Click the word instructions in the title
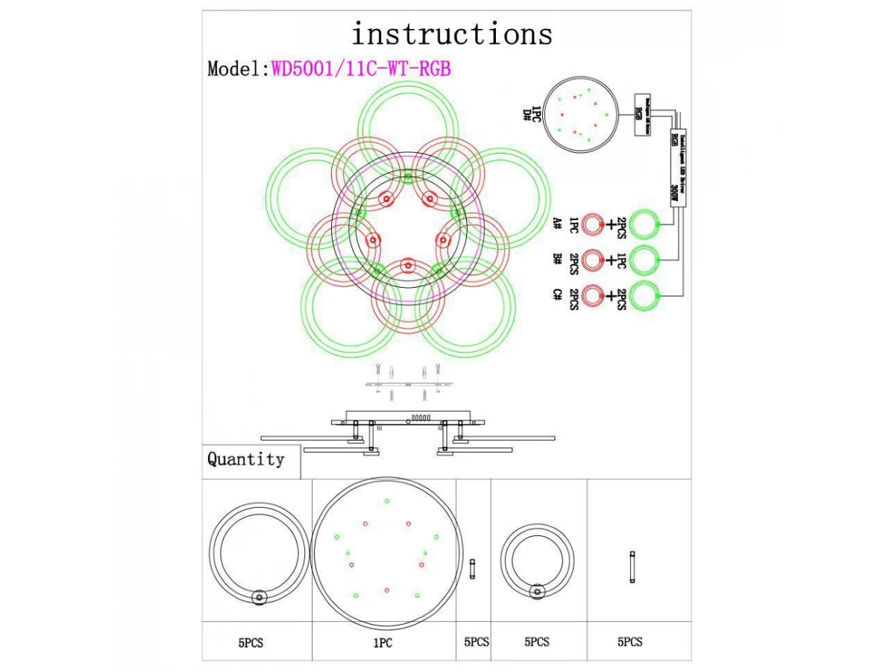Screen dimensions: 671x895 pyautogui.click(x=452, y=34)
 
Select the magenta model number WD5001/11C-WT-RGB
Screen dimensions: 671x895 pyautogui.click(x=361, y=69)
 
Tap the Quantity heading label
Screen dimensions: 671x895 pyautogui.click(x=246, y=459)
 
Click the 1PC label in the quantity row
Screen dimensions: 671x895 pyautogui.click(x=383, y=642)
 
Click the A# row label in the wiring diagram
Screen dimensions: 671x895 pyautogui.click(x=557, y=223)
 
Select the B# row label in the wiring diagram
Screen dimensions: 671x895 pyautogui.click(x=557, y=259)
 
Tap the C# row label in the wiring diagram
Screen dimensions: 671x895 pyautogui.click(x=557, y=295)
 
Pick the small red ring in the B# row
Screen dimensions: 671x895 pyautogui.click(x=593, y=259)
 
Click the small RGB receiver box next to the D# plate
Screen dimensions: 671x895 pyautogui.click(x=640, y=114)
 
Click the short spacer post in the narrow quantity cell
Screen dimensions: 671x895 pyautogui.click(x=473, y=569)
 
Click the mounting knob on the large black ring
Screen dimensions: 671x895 pyautogui.click(x=260, y=596)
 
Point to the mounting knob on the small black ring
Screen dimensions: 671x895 pyautogui.click(x=537, y=592)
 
